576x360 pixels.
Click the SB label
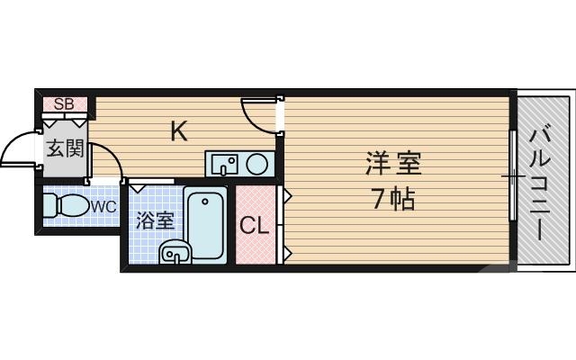[x=63, y=103]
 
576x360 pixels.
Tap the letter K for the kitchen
[x=179, y=131]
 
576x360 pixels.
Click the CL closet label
[x=255, y=226]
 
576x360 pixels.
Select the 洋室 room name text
[x=393, y=166]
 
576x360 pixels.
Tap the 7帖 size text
[x=393, y=199]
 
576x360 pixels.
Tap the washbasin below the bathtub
[x=174, y=255]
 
